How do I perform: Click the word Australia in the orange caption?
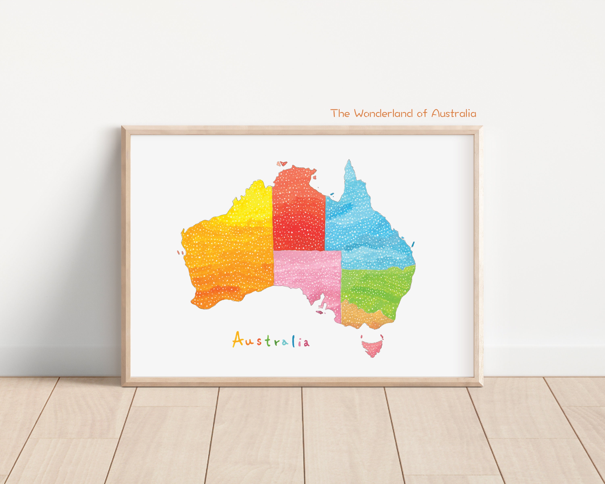(454, 113)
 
